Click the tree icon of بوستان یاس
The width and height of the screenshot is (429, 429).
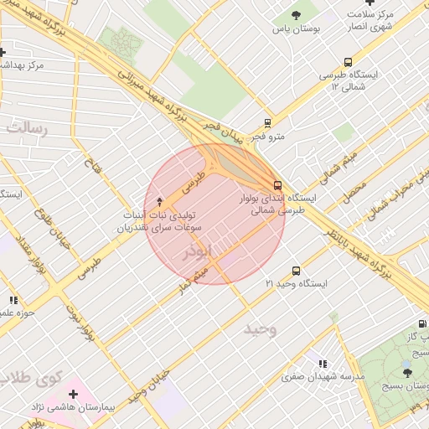pyautogui.click(x=296, y=14)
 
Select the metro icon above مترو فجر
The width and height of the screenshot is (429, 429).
pyautogui.click(x=267, y=122)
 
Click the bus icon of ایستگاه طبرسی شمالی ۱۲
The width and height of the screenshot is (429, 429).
pyautogui.click(x=348, y=61)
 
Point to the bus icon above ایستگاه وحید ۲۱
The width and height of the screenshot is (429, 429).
pyautogui.click(x=295, y=271)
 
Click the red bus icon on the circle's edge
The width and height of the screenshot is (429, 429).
pyautogui.click(x=277, y=185)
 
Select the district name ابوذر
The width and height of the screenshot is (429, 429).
pyautogui.click(x=202, y=251)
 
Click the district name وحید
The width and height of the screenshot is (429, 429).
pyautogui.click(x=260, y=329)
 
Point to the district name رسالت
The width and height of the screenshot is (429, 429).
pyautogui.click(x=28, y=127)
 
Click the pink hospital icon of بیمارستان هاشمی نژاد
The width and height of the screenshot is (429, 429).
pyautogui.click(x=74, y=392)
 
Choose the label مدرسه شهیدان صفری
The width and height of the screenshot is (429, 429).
pyautogui.click(x=333, y=377)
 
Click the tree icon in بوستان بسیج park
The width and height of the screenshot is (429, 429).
pyautogui.click(x=407, y=372)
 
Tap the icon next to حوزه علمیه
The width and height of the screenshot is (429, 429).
pyautogui.click(x=13, y=300)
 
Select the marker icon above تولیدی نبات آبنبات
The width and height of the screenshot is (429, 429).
pyautogui.click(x=160, y=201)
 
